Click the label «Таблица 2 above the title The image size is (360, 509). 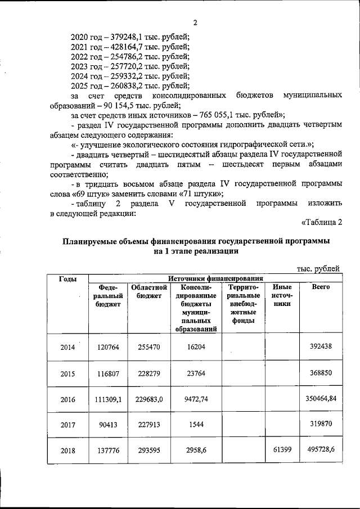click(322, 223)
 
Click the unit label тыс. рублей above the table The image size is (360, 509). click(318, 269)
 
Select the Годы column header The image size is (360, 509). click(68, 280)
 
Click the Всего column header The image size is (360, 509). click(321, 287)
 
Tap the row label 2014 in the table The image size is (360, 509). click(68, 347)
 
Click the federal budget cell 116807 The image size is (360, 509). click(107, 373)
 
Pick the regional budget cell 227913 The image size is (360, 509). click(150, 426)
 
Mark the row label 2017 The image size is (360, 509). click(68, 426)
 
